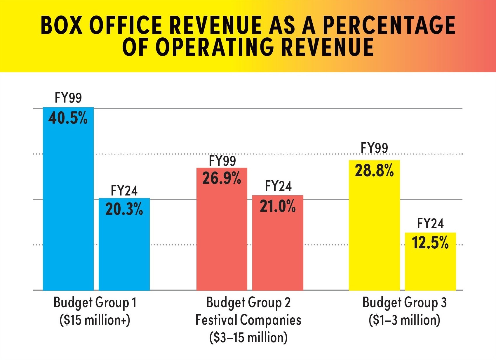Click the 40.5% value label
click(68, 118)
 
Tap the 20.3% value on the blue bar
click(124, 209)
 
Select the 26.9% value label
click(222, 178)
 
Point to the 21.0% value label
click(278, 206)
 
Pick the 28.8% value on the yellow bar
click(374, 171)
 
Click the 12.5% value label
click(430, 243)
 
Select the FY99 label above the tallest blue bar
click(68, 98)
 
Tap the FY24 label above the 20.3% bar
click(124, 191)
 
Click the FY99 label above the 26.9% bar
click(222, 161)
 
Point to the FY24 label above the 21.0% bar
click(278, 186)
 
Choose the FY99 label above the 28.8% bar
click(374, 148)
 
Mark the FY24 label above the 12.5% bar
click(430, 224)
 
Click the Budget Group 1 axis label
click(95, 303)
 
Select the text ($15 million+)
click(95, 320)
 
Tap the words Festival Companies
click(248, 320)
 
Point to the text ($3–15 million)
click(248, 337)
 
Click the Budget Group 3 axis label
click(404, 303)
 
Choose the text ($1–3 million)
click(404, 320)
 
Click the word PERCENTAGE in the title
click(389, 25)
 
